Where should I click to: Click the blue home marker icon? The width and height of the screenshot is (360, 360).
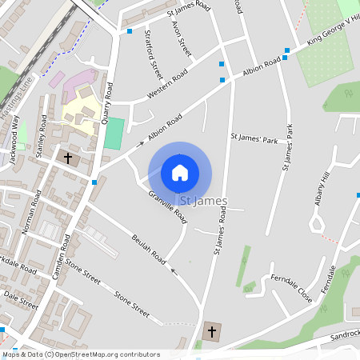click(180, 172)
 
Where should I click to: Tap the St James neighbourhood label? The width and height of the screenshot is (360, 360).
click(205, 201)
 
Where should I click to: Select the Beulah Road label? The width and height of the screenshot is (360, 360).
click(148, 249)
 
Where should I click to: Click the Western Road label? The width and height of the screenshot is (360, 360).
click(167, 84)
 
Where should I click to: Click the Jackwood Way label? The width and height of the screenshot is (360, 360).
click(11, 149)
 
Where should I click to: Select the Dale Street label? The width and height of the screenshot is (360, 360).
click(21, 300)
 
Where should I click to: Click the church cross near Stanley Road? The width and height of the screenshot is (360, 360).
click(68, 158)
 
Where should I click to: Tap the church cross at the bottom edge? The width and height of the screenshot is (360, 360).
click(212, 331)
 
